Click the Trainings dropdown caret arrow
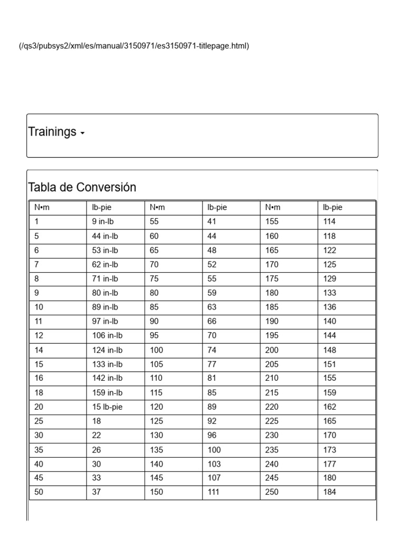point(82,133)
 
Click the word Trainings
point(52,132)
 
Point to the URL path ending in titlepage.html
point(133,46)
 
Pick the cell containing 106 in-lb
point(107,335)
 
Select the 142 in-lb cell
point(107,378)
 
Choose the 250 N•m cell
point(273,492)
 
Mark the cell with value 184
point(330,492)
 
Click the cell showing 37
point(97,492)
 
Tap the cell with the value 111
point(215,492)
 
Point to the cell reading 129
point(330,279)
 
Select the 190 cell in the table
point(273,321)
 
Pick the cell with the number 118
point(330,236)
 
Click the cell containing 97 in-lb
point(105,321)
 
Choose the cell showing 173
point(330,450)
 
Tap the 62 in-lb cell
point(105,265)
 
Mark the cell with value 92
point(213,421)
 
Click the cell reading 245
point(273,478)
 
